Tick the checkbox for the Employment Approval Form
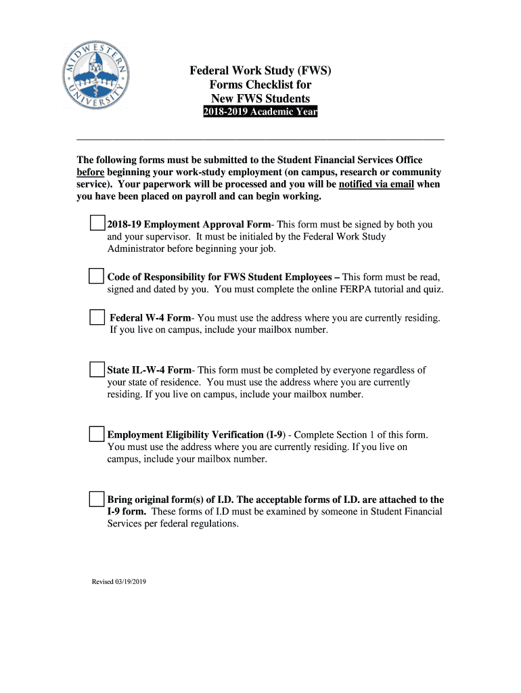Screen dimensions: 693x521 [97, 224]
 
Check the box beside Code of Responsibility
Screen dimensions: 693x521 [97, 277]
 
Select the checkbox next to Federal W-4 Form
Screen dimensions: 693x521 [97, 317]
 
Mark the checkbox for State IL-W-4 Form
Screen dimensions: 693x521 [97, 370]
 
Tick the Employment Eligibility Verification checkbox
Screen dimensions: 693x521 [97, 434]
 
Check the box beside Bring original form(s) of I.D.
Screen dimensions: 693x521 [97, 499]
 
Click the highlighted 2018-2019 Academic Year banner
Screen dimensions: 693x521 [260, 112]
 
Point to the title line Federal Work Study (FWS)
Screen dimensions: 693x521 [260, 70]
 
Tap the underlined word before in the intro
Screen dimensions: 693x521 [90, 172]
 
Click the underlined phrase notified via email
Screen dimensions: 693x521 [376, 184]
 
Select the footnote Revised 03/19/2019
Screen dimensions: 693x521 [119, 581]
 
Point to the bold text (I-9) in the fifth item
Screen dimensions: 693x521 [275, 434]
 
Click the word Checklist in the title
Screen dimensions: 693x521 [260, 85]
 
